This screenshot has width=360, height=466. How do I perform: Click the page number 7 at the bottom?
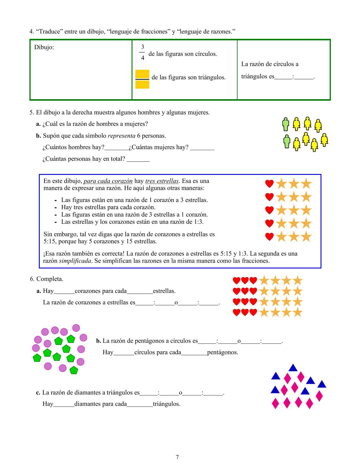(177, 457)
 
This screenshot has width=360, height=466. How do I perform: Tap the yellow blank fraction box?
(142, 79)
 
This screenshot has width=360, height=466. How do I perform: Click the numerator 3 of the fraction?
(142, 47)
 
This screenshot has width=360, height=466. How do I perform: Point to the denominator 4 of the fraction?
(142, 58)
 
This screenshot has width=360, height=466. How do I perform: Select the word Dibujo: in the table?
(44, 47)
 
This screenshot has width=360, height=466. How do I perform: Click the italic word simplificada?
(75, 261)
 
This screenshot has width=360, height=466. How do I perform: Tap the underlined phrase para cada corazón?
(108, 181)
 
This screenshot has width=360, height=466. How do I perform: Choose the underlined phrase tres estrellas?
(162, 181)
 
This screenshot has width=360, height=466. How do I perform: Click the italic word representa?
(122, 136)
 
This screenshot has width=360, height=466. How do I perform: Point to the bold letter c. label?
(38, 392)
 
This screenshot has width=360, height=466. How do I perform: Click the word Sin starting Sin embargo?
(48, 234)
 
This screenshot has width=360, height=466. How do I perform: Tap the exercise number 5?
(31, 112)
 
